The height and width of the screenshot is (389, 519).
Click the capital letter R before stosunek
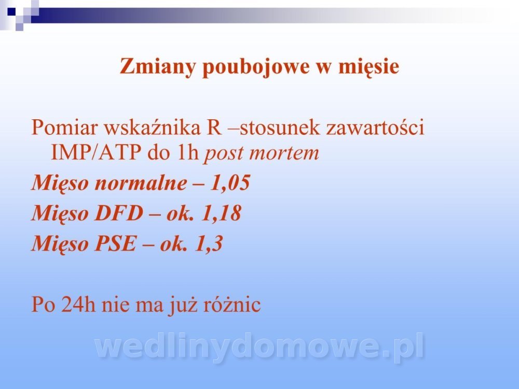(214, 127)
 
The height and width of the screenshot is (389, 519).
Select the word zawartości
(375, 127)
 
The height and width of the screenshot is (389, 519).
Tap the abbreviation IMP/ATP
(95, 152)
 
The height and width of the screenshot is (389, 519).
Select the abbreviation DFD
(119, 213)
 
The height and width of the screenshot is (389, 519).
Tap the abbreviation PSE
(116, 243)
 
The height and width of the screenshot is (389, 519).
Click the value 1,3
(209, 244)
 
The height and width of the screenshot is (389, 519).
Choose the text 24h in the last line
(78, 304)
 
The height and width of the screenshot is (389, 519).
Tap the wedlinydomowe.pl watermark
(260, 348)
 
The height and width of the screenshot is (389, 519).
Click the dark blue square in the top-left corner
(11, 11)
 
